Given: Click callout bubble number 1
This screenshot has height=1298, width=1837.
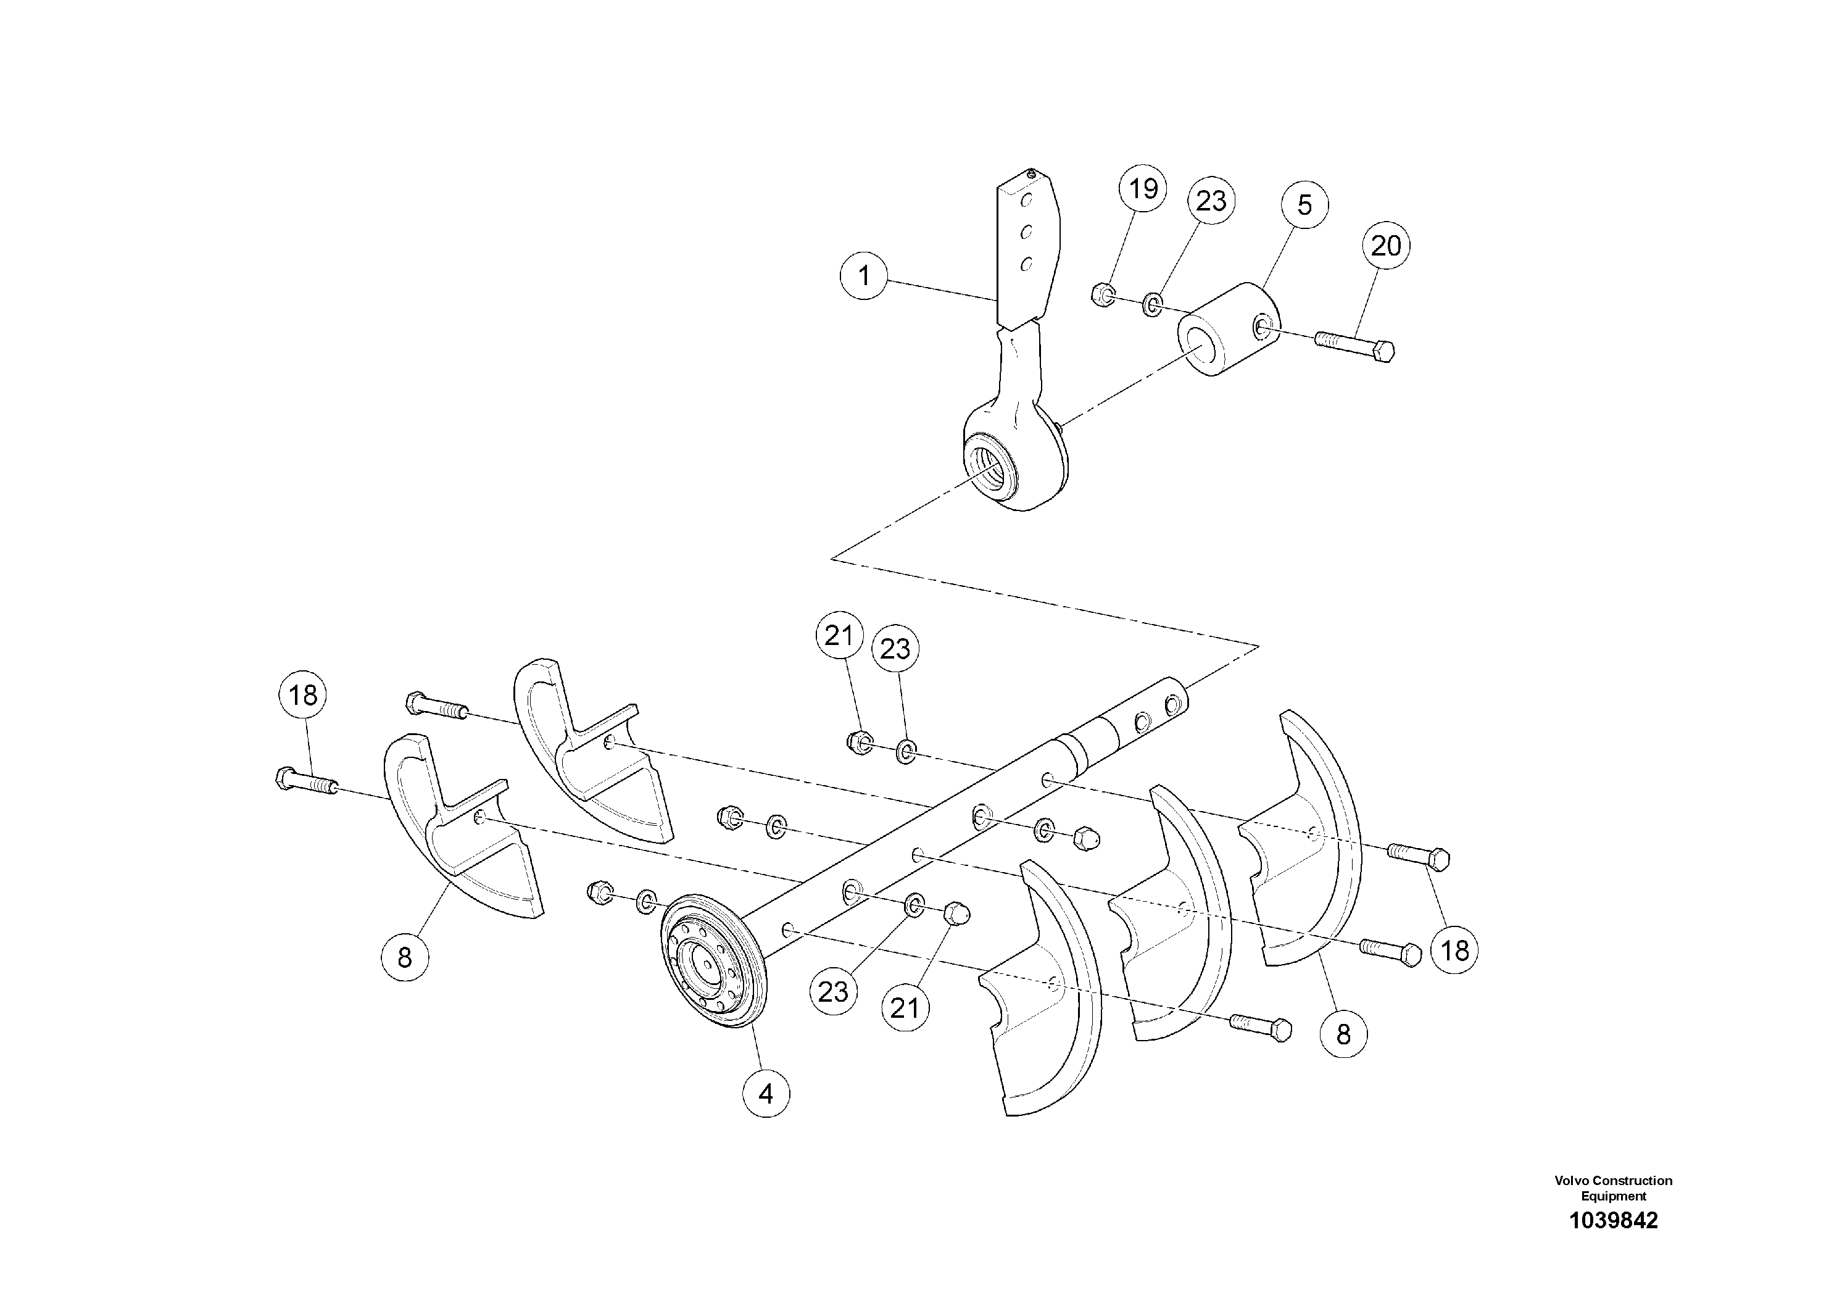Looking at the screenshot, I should pos(863,276).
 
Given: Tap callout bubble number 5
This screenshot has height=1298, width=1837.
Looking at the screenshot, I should pos(1304,205).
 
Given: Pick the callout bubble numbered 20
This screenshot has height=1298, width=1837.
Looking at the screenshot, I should pos(1386,245).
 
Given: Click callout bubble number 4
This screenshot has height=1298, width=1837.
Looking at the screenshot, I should pos(766,1093).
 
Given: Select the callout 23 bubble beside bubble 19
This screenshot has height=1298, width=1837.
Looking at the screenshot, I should pos(1211,200).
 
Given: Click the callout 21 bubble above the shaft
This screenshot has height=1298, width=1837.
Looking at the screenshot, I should pos(839,636).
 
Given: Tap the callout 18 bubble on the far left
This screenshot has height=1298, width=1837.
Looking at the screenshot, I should pos(303,694).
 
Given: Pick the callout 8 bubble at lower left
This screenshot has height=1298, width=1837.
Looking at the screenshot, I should pos(404,956).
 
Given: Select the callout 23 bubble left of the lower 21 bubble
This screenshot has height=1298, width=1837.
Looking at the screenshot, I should pos(833,991).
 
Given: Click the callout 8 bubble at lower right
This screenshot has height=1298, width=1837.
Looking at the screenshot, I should pos(1343,1034).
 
